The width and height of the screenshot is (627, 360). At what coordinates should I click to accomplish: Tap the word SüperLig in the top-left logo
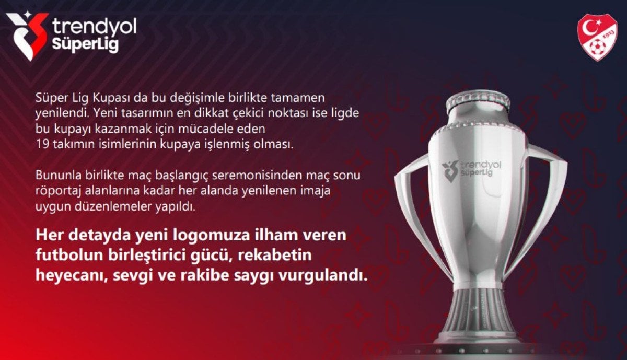coord(85,44)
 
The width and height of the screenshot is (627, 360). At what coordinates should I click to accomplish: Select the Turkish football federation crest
coord(597,37)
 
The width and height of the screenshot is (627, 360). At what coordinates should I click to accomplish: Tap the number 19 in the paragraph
coord(42,144)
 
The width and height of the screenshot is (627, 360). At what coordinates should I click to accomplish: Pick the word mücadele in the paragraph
coord(208,129)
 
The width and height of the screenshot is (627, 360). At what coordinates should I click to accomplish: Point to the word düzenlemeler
coord(112,206)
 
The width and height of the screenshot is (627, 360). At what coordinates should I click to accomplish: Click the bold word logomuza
coord(211,236)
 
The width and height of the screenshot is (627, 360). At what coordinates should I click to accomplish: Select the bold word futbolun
coord(69,255)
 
